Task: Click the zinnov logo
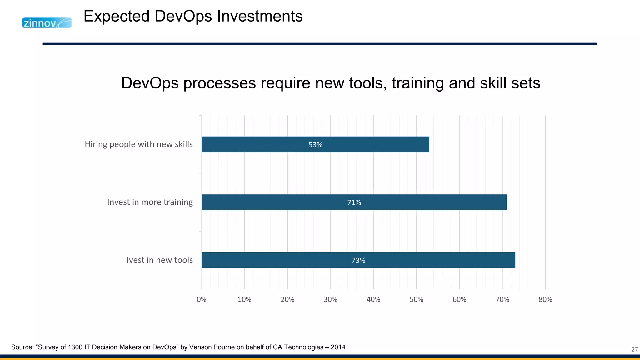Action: click(47, 23)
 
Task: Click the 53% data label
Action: click(315, 145)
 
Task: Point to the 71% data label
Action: click(354, 202)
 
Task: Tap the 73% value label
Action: click(358, 260)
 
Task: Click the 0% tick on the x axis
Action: click(202, 299)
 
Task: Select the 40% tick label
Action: click(373, 299)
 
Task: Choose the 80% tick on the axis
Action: click(545, 299)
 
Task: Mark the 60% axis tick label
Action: click(459, 299)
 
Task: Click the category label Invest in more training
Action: click(150, 202)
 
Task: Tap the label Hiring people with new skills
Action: click(139, 144)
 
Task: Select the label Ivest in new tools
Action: click(160, 260)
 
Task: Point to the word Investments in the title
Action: click(260, 16)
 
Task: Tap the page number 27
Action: click(634, 349)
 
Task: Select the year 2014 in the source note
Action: click(338, 347)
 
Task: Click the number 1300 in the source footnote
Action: click(75, 347)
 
